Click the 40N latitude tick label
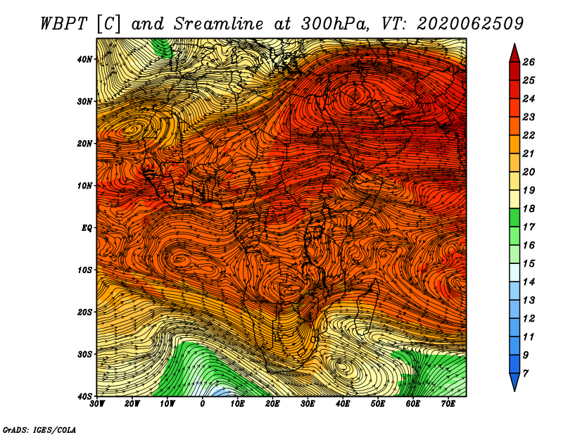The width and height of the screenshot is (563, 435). [84, 59]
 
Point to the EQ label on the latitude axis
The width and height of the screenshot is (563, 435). [87, 228]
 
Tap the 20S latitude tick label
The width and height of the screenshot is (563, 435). [84, 312]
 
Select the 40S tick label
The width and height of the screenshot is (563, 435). [84, 396]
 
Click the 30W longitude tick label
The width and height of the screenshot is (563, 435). [97, 404]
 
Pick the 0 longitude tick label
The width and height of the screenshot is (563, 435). [203, 404]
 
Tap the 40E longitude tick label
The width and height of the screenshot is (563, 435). [343, 404]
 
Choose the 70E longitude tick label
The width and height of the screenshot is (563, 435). [448, 404]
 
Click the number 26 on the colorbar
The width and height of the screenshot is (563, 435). [529, 62]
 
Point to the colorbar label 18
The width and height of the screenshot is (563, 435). [529, 208]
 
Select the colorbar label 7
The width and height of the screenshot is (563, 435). [526, 374]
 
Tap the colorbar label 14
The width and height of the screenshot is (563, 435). [529, 282]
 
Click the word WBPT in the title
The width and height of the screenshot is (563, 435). [64, 24]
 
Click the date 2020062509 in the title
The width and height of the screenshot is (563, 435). [470, 24]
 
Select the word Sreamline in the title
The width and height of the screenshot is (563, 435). [218, 24]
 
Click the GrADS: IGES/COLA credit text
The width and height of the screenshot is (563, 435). [39, 429]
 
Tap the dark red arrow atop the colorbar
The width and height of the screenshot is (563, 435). [514, 53]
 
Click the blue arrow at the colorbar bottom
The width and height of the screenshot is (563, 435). [514, 382]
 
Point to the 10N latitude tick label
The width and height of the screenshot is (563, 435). [84, 186]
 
